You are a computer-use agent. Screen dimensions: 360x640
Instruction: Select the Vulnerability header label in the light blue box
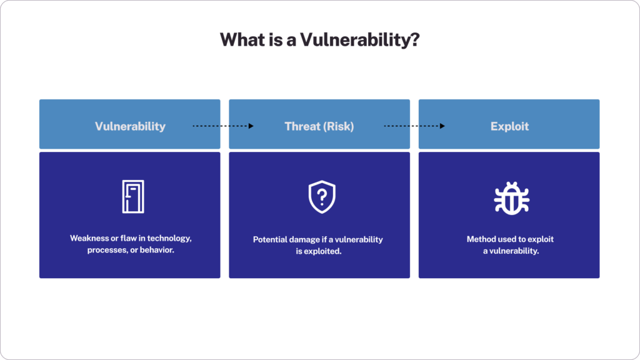(130, 126)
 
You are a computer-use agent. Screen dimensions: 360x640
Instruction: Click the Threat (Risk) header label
(319, 126)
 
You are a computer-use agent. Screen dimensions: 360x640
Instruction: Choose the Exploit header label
(509, 126)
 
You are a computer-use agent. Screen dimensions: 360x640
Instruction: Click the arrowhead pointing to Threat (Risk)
(251, 126)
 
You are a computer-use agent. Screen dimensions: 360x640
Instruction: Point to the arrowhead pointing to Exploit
(442, 126)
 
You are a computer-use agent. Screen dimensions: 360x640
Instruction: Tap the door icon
(132, 197)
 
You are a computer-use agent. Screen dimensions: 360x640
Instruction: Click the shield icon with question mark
(322, 197)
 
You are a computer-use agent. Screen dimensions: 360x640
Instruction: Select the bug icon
(512, 197)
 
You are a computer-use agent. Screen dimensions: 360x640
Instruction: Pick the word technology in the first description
(163, 239)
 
